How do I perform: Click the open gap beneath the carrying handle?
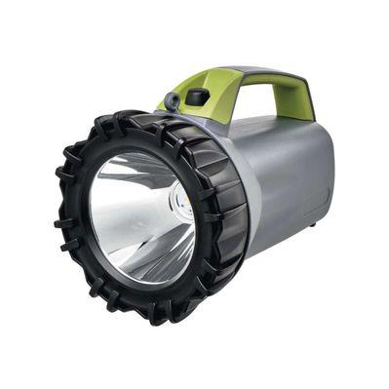[x=255, y=101]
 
